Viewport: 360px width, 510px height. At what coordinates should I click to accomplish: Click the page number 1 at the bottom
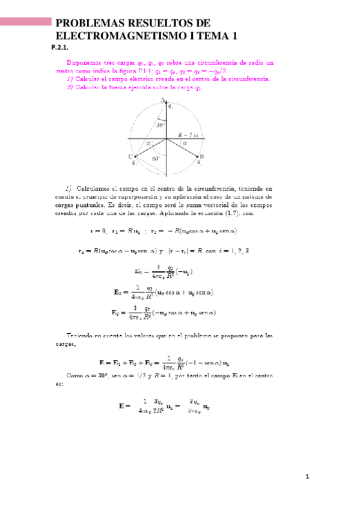(307, 478)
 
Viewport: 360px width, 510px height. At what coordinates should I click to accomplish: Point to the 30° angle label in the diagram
(160, 126)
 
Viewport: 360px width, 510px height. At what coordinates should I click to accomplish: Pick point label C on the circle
(130, 156)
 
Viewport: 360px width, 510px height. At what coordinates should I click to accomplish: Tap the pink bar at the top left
(25, 22)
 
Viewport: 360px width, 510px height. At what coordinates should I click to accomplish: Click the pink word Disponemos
(82, 62)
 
